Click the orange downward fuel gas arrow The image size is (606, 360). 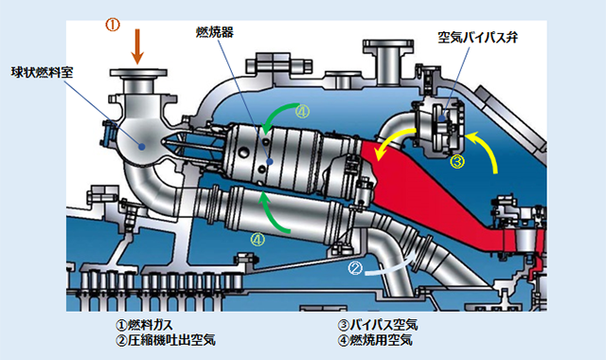(x=137, y=46)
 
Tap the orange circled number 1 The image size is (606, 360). (x=113, y=25)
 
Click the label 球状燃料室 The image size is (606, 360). (x=42, y=72)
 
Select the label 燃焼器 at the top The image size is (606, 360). (x=215, y=32)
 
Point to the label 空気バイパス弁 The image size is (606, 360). (x=477, y=38)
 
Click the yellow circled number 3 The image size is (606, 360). (x=457, y=161)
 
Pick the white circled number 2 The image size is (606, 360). (x=355, y=267)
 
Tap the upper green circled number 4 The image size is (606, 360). (x=302, y=112)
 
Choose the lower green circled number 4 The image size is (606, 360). (x=258, y=240)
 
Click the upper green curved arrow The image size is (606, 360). (x=276, y=112)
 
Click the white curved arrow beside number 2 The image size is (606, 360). (x=390, y=269)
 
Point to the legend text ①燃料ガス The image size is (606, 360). (x=144, y=325)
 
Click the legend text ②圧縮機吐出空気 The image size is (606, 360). (x=166, y=340)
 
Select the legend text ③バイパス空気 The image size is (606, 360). (x=378, y=325)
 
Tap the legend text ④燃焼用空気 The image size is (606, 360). (x=375, y=340)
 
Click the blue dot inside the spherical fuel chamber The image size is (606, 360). (x=142, y=147)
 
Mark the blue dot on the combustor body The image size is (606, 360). (x=270, y=161)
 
